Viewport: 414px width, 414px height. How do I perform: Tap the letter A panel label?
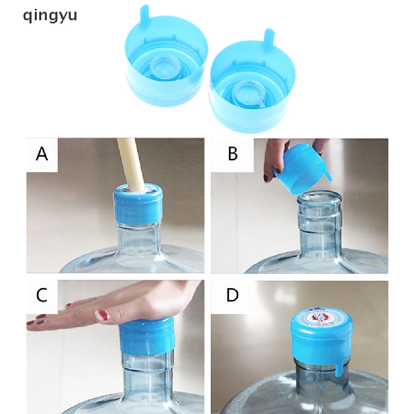click(x=42, y=154)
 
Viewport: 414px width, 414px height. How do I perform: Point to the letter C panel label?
click(x=42, y=295)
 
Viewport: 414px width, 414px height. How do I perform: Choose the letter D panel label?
click(x=232, y=295)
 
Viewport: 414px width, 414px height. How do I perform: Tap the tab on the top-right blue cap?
click(x=268, y=36)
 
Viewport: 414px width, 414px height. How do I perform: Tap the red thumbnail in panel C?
click(x=102, y=315)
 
